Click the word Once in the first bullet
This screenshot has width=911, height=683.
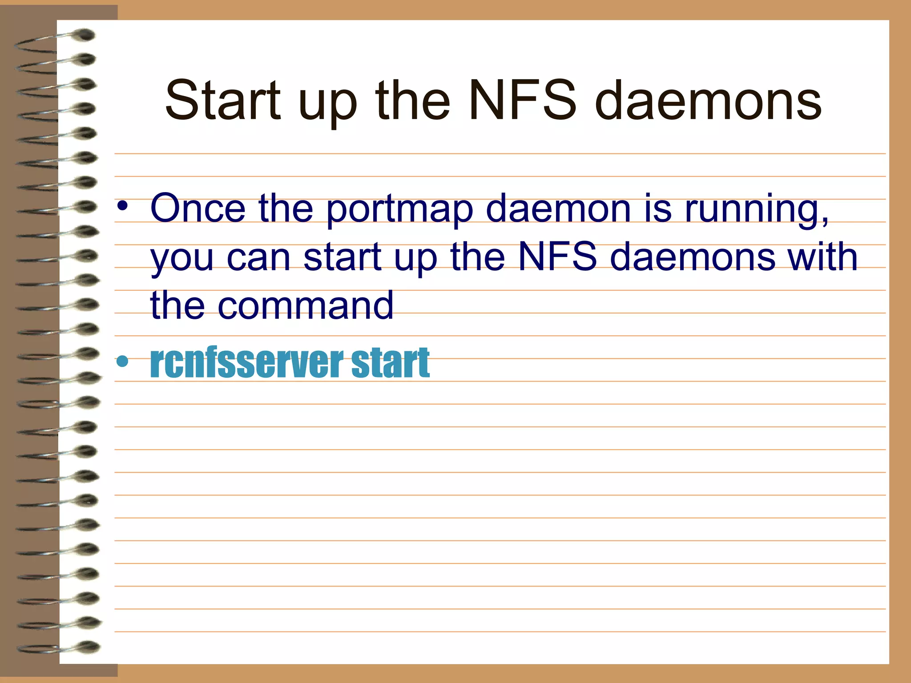coord(198,208)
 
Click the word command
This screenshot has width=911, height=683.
coord(305,305)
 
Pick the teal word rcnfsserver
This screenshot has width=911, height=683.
coord(247,362)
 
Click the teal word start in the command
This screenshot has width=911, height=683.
coord(390,362)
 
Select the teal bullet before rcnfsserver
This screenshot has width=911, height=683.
coord(122,362)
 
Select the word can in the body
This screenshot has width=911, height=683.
coord(258,258)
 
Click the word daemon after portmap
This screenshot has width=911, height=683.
coord(558,208)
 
